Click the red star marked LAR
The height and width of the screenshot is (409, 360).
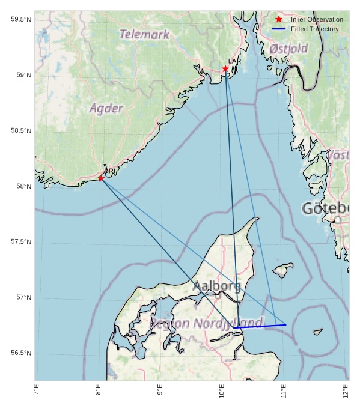pos(225,69)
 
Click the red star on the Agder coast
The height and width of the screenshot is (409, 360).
pos(101,178)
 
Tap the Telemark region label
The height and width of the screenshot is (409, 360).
pos(144,35)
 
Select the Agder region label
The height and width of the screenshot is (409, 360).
pos(106,109)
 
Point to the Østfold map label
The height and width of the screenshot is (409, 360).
pos(288,49)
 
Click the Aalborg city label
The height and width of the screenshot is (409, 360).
pos(217,286)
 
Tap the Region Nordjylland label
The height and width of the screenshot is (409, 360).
pos(206,323)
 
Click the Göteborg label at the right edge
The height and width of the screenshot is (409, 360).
pos(325,209)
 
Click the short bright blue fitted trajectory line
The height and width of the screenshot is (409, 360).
pos(261,326)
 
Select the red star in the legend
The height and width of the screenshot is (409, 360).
pos(279,20)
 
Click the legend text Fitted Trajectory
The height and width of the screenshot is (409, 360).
pos(314,29)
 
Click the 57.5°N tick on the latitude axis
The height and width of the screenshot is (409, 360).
pos(21,242)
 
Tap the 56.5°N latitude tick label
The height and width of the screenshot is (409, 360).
pos(21,353)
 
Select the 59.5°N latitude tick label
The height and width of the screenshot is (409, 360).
pos(21,20)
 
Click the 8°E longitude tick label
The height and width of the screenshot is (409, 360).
pos(98,391)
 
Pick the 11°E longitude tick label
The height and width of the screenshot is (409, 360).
pos(284,391)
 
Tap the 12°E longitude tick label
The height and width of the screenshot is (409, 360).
pos(346,391)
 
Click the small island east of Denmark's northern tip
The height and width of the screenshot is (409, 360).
pos(282,269)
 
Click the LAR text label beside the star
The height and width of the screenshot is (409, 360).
pos(234,61)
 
